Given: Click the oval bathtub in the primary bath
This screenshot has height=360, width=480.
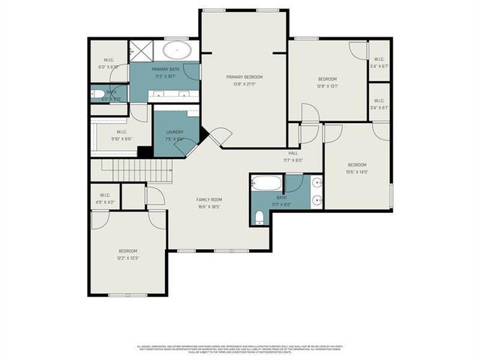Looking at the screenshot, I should [177, 52].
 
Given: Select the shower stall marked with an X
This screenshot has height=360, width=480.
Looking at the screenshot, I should [141, 51].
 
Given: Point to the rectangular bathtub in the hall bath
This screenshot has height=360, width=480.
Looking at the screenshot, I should [266, 183].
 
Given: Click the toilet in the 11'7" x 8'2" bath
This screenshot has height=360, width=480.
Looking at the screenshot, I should [259, 217].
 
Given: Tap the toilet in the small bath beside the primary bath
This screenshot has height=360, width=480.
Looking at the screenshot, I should [98, 94].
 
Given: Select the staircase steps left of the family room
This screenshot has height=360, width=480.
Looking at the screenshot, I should [131, 170].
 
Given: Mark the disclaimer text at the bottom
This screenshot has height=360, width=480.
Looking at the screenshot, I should [240, 349].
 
